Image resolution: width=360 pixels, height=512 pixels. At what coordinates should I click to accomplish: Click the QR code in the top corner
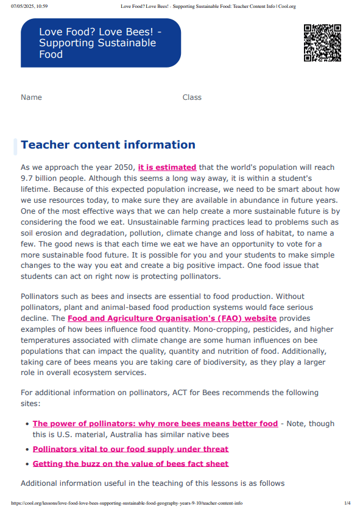pos(322,43)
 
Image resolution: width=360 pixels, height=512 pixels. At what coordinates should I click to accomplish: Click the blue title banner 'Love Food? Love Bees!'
pos(101,43)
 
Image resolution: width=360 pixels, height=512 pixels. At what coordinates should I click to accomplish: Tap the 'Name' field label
pos(31,97)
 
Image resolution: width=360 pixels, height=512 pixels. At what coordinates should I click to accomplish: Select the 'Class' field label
pos(192,97)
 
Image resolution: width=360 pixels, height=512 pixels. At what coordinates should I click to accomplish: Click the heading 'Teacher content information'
pos(108,145)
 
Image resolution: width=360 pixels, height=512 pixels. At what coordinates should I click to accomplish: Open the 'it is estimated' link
pos(167,167)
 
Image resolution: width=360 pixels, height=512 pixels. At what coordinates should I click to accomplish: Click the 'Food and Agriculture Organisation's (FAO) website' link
pos(172,318)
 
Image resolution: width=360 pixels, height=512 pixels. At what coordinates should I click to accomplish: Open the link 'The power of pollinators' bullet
pos(155,424)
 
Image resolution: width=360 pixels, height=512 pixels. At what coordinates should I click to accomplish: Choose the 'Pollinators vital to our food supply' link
pos(130,449)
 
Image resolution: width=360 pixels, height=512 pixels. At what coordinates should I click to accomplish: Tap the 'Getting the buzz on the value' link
pos(130,464)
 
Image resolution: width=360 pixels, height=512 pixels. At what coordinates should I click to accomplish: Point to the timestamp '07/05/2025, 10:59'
pos(29,6)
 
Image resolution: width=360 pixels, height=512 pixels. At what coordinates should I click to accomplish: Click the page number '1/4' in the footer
pos(347,503)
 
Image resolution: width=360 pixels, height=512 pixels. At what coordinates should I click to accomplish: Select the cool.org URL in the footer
pos(127,503)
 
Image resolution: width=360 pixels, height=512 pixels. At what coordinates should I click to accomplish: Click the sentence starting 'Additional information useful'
pos(152,483)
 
